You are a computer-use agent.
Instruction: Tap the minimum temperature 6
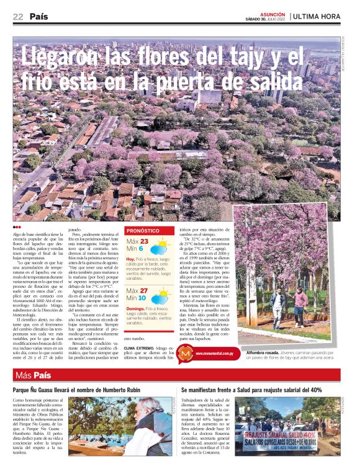click(x=141, y=249)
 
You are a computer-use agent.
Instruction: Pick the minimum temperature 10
click(x=142, y=298)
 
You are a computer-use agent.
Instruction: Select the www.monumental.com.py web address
click(x=214, y=354)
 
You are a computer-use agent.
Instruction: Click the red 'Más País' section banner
click(x=32, y=376)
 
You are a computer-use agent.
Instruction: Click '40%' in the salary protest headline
click(x=315, y=390)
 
